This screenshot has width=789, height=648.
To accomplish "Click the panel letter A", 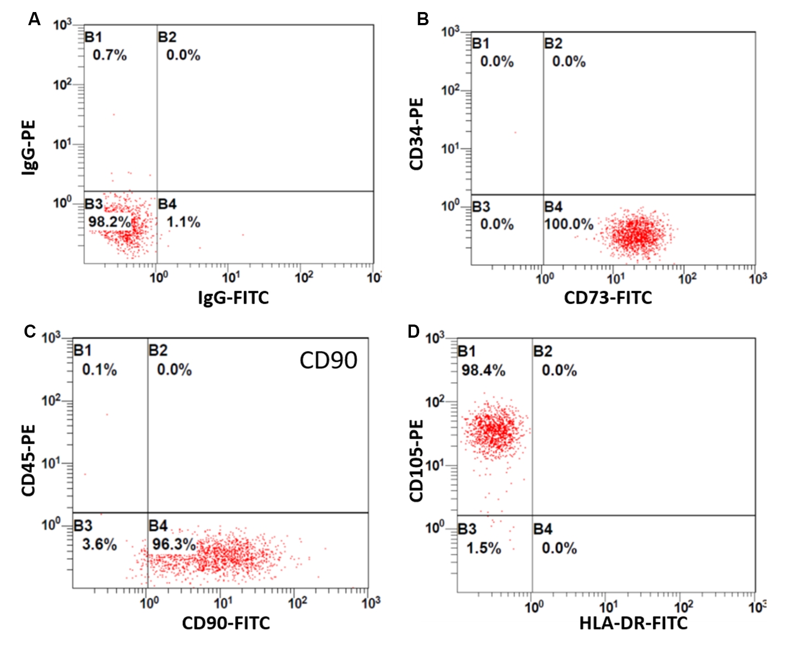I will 35,20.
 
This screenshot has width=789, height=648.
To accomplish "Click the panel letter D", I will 414,332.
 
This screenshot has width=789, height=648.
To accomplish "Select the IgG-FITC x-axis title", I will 233,298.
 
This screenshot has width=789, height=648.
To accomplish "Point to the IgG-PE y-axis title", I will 28,147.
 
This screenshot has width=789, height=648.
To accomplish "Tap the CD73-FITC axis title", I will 608,298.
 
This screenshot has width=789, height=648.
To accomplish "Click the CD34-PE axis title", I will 417,134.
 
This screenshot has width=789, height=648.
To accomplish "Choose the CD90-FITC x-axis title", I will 226,623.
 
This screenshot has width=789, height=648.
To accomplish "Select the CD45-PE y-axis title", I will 28,460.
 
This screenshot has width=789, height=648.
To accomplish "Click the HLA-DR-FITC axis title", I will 633,623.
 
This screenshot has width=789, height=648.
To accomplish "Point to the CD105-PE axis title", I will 417,460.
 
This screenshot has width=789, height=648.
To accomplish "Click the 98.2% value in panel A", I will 110,222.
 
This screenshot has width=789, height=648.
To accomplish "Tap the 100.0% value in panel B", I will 569,224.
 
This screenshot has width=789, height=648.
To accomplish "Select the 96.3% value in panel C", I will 174,545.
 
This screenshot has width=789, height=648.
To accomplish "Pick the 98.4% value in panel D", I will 483,371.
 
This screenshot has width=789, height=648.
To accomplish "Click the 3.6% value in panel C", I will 99,545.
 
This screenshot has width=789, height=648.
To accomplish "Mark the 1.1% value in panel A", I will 184,222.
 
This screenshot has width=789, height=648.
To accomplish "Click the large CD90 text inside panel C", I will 328,360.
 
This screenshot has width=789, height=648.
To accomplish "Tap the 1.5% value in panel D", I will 484,548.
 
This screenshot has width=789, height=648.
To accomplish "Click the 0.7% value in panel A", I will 110,55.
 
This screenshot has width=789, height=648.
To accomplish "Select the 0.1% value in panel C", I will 99,370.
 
